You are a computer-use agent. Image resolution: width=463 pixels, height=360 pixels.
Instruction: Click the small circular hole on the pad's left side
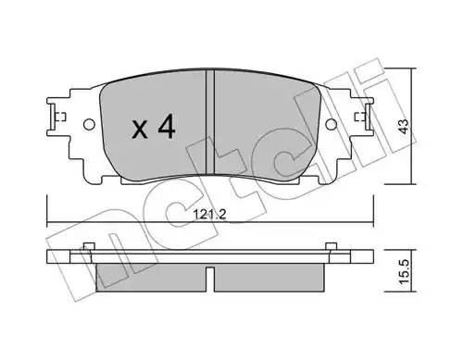[88, 125]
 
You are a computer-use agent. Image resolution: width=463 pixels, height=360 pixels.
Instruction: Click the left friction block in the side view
[148, 275]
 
